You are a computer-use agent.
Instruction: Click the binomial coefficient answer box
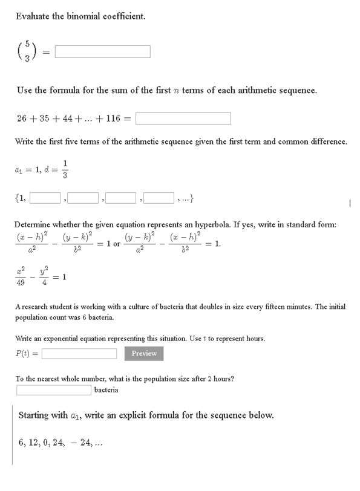tap(103, 51)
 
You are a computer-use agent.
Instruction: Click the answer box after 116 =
tap(184, 119)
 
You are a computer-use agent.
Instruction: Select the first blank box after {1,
tap(45, 197)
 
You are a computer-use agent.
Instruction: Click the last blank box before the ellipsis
tap(159, 197)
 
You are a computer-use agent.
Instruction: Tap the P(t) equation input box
tap(79, 354)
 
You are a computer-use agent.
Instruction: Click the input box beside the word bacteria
tap(54, 389)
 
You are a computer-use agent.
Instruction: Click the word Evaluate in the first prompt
tap(32, 16)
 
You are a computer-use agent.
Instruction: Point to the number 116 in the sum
tap(113, 119)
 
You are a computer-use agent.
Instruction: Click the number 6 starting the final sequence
tap(21, 442)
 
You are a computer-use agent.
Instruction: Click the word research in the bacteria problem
tap(38, 307)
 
